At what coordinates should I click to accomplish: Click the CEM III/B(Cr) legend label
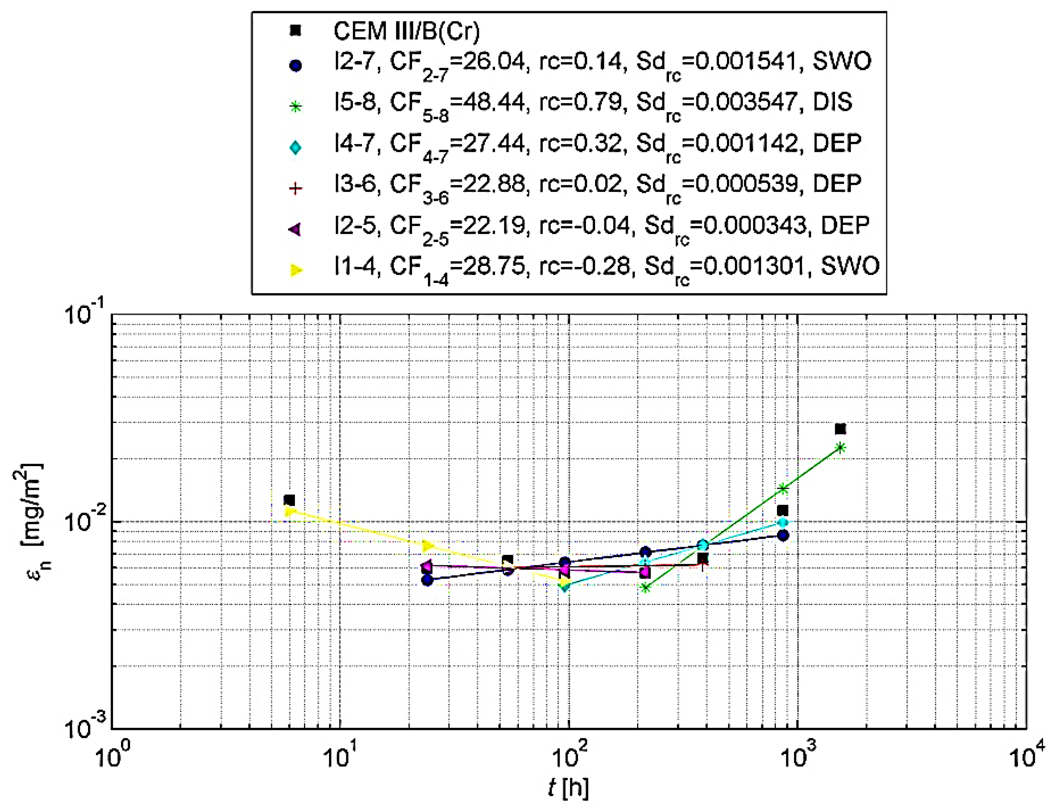point(407,32)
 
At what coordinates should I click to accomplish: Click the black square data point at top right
point(840,429)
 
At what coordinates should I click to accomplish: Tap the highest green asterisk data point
point(840,448)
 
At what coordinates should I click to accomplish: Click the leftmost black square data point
point(289,500)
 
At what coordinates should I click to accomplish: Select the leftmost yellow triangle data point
point(289,511)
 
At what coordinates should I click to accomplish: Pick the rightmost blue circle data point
point(783,535)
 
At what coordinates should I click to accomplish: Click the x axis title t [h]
point(568,787)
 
